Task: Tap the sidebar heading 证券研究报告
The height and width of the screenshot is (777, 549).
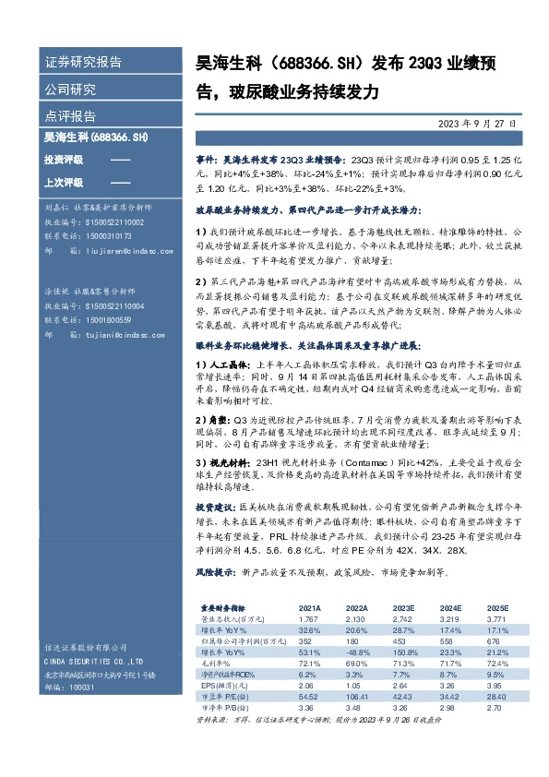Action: (83, 63)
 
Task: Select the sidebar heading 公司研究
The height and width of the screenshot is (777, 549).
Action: (70, 90)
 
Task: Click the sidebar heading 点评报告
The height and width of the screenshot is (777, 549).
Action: (70, 117)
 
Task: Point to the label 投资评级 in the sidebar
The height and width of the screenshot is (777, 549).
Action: (63, 161)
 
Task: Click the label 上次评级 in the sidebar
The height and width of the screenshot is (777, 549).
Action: (63, 182)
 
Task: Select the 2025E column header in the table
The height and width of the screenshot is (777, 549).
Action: (497, 608)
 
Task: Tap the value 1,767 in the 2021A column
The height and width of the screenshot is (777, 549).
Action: (308, 618)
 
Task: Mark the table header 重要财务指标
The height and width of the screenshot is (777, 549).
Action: (224, 608)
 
